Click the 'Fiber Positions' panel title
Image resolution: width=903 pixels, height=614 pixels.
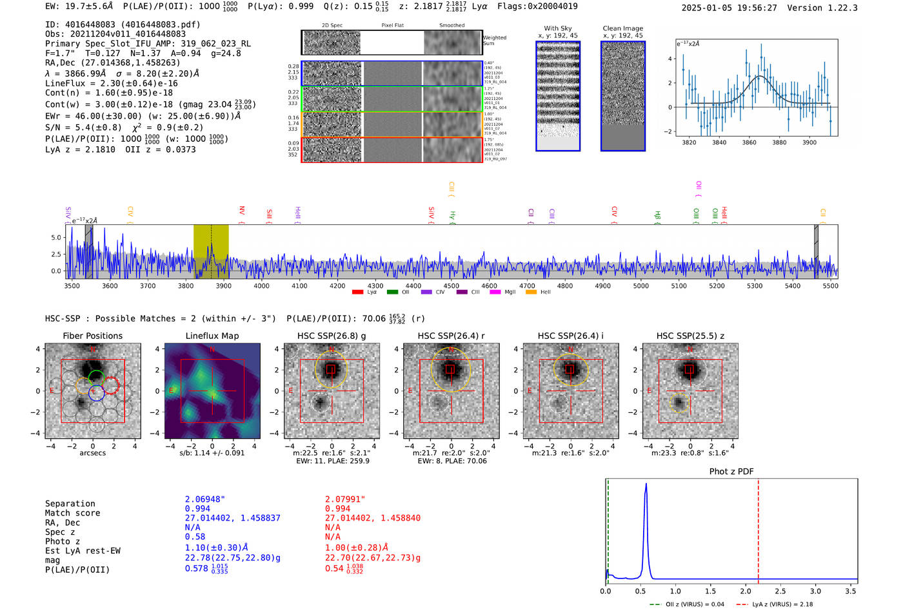[x=92, y=336]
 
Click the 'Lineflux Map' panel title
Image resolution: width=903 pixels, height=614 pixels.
[x=212, y=336]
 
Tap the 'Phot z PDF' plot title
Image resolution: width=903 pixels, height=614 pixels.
[x=731, y=472]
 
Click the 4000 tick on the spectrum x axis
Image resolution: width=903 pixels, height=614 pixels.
[x=261, y=285]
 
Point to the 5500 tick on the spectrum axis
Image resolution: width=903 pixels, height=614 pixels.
[x=830, y=285]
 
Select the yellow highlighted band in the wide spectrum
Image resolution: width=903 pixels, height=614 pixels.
[x=211, y=251]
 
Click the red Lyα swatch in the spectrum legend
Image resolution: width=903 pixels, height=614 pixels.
[x=358, y=293]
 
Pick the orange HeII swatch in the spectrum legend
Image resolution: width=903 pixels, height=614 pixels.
[x=531, y=293]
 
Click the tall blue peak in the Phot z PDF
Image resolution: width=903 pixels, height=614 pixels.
[x=646, y=490]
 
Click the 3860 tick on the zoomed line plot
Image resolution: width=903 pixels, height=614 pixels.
[x=749, y=142]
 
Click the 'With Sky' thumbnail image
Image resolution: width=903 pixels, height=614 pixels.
[x=558, y=96]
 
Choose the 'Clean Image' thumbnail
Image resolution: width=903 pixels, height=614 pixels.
[x=623, y=96]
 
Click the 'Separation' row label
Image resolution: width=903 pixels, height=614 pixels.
[x=70, y=504]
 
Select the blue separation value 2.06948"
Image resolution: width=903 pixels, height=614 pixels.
[x=205, y=499]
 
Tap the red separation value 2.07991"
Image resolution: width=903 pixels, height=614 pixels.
[x=345, y=499]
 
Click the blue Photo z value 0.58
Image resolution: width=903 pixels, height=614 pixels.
[x=195, y=537]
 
